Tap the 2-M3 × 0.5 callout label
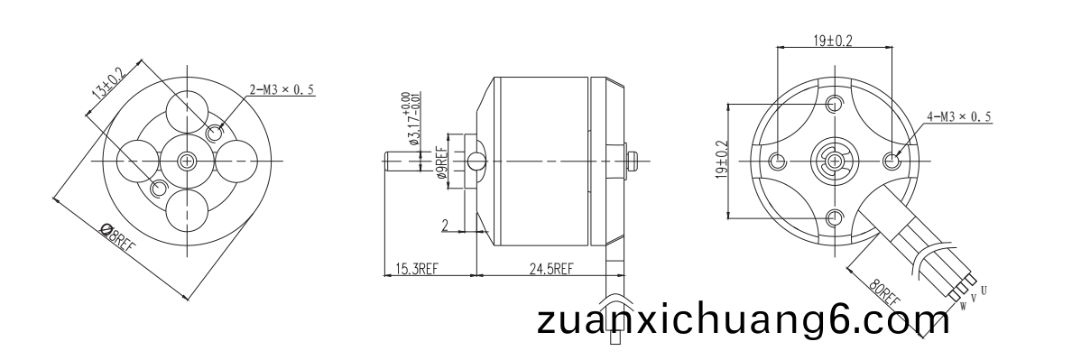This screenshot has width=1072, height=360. point(282,89)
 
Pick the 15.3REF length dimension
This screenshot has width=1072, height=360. point(416,269)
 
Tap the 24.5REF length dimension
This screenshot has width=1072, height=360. point(551,269)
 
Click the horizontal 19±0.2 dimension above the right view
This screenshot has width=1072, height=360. point(833,41)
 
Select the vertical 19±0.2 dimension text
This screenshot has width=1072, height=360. point(722,161)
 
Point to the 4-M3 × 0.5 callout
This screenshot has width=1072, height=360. point(958,116)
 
